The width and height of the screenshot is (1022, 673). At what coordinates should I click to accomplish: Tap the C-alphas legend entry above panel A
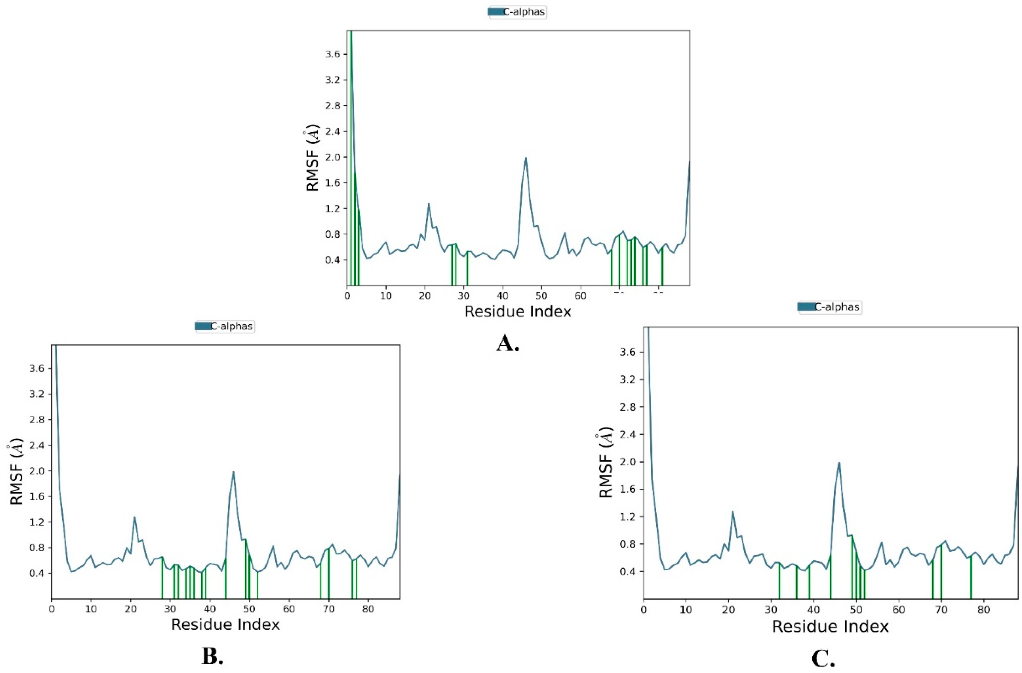(517, 12)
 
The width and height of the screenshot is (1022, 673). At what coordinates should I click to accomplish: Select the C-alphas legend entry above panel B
(225, 327)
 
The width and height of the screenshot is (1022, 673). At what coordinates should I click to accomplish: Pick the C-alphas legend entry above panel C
(830, 307)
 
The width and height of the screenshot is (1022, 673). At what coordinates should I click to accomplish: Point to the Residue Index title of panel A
(518, 311)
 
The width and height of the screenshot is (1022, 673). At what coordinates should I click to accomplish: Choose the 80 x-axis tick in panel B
(368, 609)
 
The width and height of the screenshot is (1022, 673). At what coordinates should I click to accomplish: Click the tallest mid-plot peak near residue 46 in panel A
(525, 158)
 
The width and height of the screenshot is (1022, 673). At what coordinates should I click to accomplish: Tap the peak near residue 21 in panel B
(134, 517)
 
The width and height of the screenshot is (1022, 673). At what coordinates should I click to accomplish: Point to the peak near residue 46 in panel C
(839, 463)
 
